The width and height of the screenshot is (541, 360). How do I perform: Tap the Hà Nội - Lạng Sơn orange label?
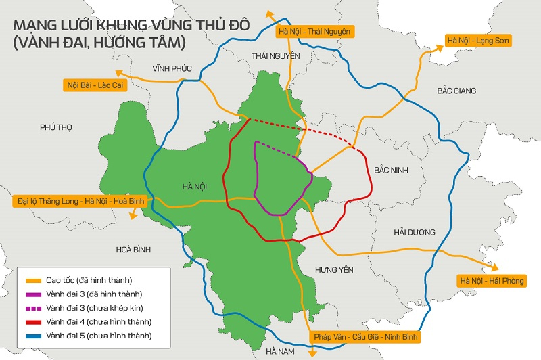pos(478,41)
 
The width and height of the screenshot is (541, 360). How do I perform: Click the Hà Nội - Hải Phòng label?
pos(492,281)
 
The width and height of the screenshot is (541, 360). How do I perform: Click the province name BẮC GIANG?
pos(456,91)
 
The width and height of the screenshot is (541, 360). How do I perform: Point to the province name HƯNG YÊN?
pos(334,270)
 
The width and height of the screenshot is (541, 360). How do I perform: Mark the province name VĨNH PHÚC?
pos(173,69)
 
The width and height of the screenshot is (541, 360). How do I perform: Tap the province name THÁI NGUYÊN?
pos(275,55)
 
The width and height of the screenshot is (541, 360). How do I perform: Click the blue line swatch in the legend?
pos(33,336)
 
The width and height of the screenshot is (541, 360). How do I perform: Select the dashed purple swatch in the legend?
pos(33,308)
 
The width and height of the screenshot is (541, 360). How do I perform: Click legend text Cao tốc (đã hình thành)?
pos(89,280)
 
